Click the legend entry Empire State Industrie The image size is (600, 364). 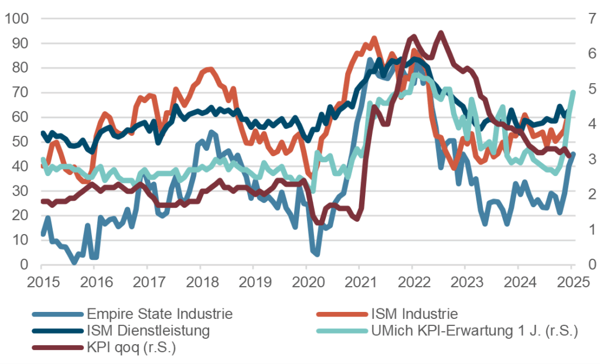tap(159, 314)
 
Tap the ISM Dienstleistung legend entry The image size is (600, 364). tap(148, 331)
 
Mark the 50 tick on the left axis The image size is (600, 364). tap(20, 142)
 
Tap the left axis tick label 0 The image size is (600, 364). tap(23, 265)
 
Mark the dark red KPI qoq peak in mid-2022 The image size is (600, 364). tap(441, 33)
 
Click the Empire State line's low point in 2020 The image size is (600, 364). tap(316, 253)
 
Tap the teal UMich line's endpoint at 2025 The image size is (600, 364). tap(573, 92)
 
